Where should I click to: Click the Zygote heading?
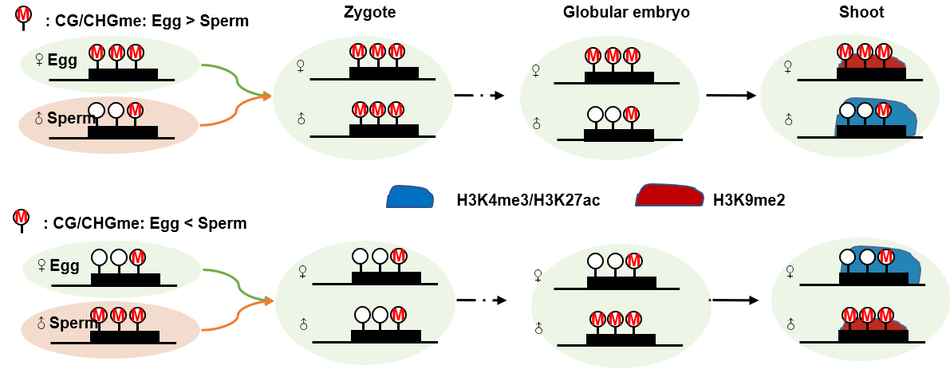pos(369,13)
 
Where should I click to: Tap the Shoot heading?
pos(861,13)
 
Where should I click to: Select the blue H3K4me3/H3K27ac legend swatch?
pos(410,198)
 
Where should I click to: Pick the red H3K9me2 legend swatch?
pos(669,198)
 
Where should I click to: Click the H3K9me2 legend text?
pos(749,200)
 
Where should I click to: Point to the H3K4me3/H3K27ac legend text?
pos(528,200)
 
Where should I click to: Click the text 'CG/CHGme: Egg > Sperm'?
pos(147,22)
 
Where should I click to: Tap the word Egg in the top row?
pos(61,61)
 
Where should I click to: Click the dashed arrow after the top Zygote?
pos(479,96)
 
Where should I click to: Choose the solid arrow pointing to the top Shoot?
pos(729,96)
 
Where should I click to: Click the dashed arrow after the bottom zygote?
pos(480,300)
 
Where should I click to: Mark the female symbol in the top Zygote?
pos(301,66)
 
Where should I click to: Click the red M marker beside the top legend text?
pos(23,17)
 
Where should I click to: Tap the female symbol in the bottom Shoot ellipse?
pos(790,272)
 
